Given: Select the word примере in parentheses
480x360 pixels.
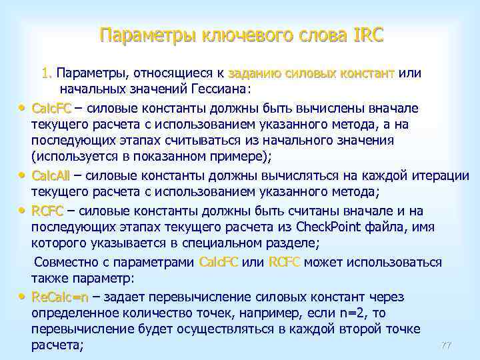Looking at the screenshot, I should pyautogui.click(x=204, y=159).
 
